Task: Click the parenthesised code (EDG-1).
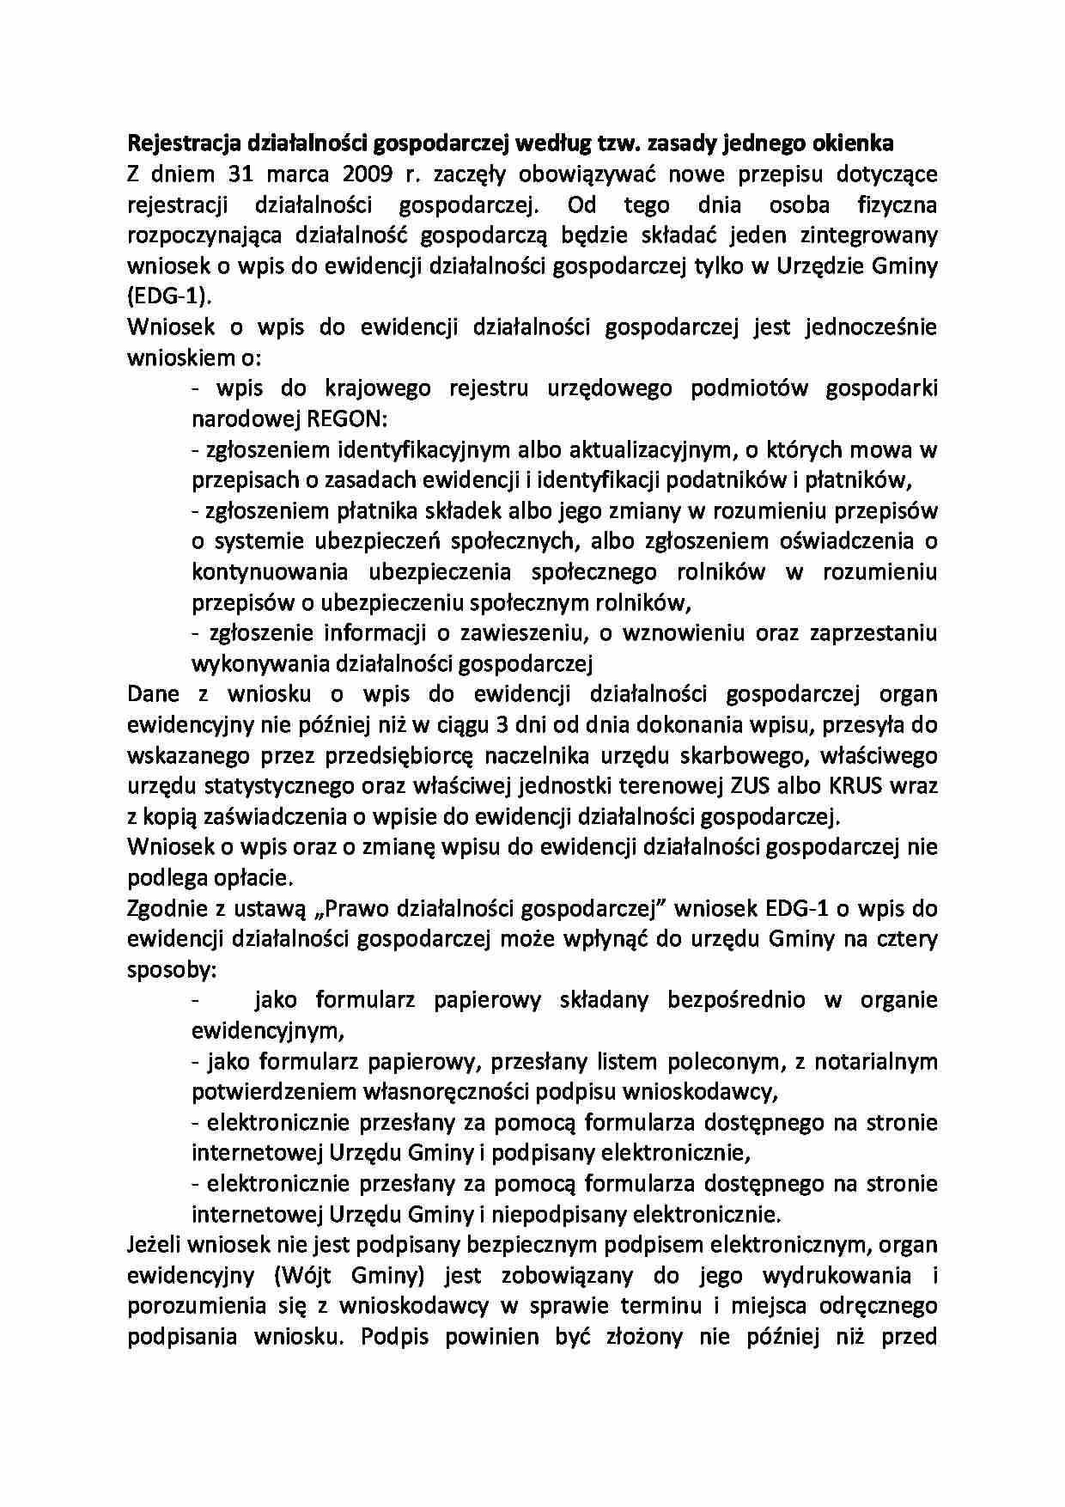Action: click(x=167, y=296)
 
